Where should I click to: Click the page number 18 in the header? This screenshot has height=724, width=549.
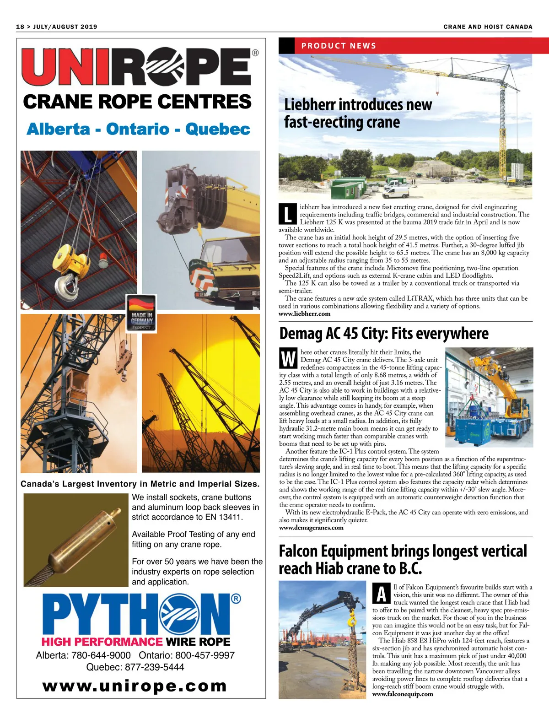click(20, 27)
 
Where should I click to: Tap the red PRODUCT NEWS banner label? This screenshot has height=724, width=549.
click(339, 46)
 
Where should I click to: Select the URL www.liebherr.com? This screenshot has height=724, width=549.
click(304, 314)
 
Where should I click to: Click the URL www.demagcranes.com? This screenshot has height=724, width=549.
click(311, 528)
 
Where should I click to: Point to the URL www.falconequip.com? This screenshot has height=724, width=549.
click(403, 694)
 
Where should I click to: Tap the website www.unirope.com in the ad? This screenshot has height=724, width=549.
click(135, 686)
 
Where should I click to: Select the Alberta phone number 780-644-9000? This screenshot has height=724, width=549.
click(101, 655)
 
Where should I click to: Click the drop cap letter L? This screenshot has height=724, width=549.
click(287, 214)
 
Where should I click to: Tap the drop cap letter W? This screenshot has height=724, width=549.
click(288, 359)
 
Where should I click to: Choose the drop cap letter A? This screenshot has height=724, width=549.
click(382, 594)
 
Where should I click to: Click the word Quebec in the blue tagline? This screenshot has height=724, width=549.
click(218, 129)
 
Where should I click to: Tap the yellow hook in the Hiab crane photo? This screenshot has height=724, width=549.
click(351, 621)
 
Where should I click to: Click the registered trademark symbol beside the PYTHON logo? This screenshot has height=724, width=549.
click(236, 599)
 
